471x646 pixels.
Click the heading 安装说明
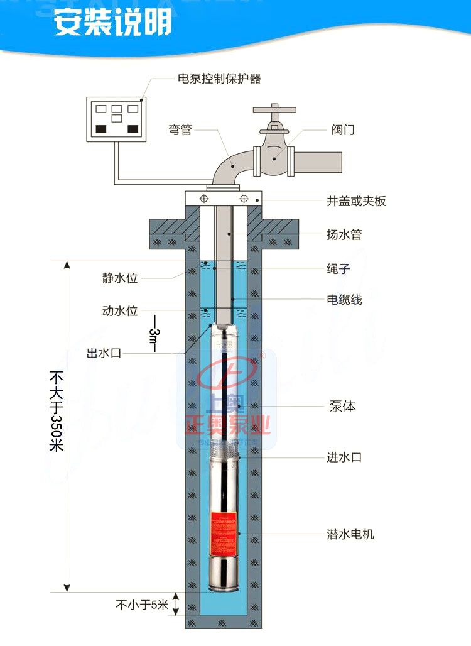click(x=112, y=24)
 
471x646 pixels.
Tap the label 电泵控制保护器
click(x=219, y=79)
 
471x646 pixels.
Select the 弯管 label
click(x=180, y=130)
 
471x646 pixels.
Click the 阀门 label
click(x=344, y=130)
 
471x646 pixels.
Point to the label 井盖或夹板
click(x=356, y=201)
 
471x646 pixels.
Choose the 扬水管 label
click(x=344, y=234)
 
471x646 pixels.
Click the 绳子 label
click(x=338, y=268)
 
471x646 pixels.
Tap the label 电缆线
click(x=344, y=300)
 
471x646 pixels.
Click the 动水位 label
click(x=120, y=310)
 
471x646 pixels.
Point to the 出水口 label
click(x=104, y=354)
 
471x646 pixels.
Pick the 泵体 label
click(x=342, y=407)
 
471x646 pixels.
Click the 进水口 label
click(x=344, y=457)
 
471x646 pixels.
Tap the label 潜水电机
click(x=350, y=534)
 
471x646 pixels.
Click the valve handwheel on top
click(x=274, y=110)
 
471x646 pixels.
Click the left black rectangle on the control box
click(x=100, y=129)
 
